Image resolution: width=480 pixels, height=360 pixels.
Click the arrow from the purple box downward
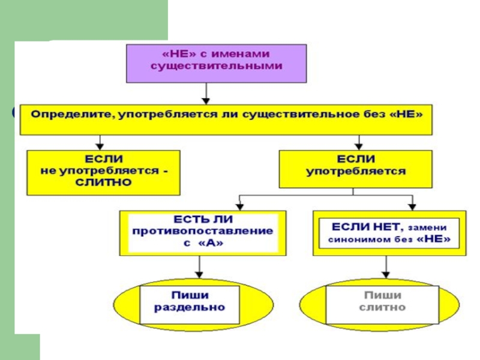207,94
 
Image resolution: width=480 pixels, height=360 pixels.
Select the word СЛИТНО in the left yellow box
103,182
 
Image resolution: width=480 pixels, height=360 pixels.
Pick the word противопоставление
202,230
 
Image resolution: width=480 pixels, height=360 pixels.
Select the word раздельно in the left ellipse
190,307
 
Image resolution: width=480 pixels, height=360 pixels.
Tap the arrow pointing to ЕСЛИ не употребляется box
101,143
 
